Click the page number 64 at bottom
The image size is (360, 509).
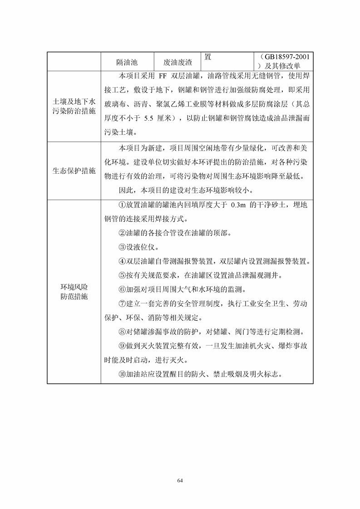pyautogui.click(x=180, y=480)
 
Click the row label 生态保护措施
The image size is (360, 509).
pyautogui.click(x=74, y=171)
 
